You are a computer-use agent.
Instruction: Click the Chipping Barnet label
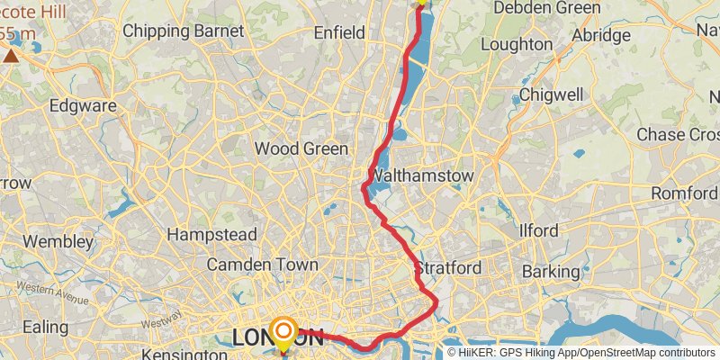[183, 31]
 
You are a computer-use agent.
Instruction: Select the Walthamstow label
[421, 175]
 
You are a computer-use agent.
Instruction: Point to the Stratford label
[448, 268]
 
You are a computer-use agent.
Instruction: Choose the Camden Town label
[262, 265]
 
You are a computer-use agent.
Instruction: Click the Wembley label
[58, 241]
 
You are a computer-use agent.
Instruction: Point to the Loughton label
[517, 44]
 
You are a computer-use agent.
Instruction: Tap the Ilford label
[539, 230]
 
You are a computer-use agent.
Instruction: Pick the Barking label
[550, 271]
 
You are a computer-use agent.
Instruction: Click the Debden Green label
[547, 8]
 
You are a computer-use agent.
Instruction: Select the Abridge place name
[600, 36]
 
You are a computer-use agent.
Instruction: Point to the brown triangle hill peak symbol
[11, 56]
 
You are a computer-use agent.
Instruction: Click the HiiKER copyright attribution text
[581, 353]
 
